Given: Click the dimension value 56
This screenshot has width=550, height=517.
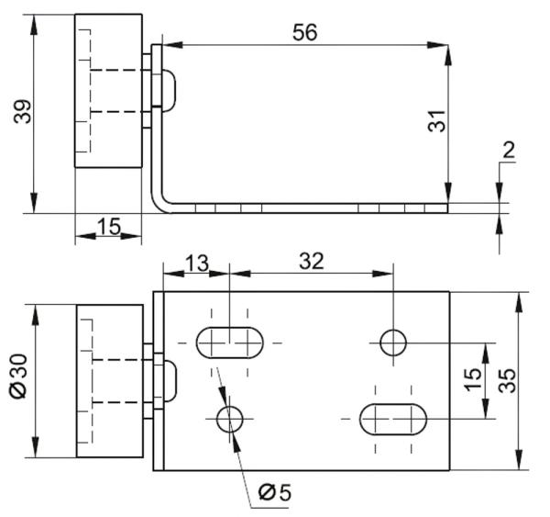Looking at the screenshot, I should [304, 31].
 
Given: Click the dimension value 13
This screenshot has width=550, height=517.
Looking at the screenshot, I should [195, 263].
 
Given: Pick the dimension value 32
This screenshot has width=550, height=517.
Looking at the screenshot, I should [311, 261].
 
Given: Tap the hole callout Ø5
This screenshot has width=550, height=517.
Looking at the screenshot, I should [275, 493].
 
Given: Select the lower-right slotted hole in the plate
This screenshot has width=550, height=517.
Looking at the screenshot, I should [393, 419].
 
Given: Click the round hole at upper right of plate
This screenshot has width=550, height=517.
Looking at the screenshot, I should [394, 343].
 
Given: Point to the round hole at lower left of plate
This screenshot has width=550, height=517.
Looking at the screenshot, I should [229, 420].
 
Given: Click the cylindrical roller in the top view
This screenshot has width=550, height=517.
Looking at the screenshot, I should [108, 90].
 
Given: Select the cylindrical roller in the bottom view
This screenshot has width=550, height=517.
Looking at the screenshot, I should [109, 381].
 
